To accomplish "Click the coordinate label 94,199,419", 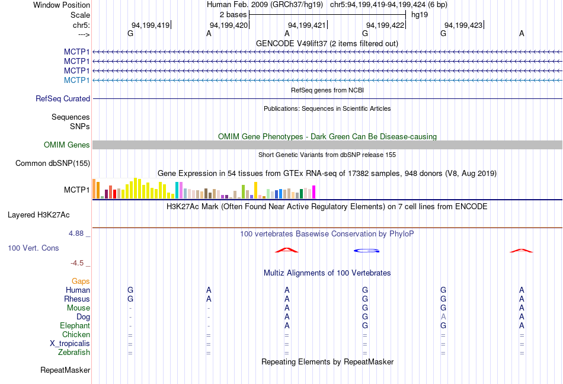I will (151, 25).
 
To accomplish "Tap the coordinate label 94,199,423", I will (463, 25).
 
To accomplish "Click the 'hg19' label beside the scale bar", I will (420, 14).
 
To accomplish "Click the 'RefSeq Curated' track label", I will (63, 99).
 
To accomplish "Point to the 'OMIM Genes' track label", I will (67, 145).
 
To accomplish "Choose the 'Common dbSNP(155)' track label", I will (53, 164).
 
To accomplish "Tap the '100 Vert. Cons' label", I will (33, 248).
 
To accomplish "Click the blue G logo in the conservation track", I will (366, 251).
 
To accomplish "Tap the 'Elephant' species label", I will (75, 326).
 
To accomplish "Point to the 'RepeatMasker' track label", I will (65, 370).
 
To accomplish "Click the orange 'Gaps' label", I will (81, 281).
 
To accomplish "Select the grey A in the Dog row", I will (443, 317).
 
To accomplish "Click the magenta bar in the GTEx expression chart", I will (314, 192).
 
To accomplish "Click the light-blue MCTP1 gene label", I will (76, 80).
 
